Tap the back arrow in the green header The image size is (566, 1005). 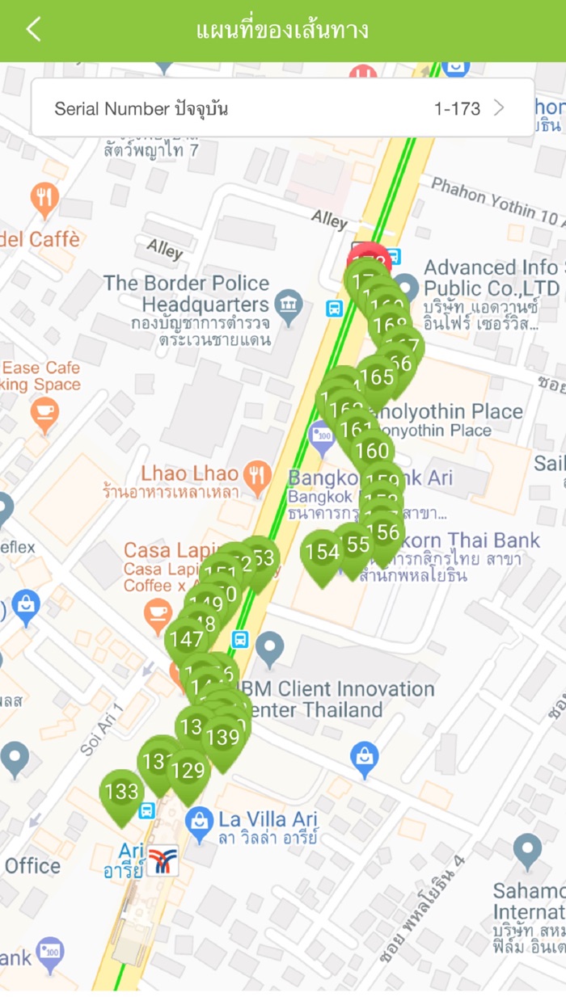[33, 30]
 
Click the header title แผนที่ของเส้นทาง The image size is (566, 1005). [282, 31]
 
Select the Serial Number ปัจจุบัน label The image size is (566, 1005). [141, 108]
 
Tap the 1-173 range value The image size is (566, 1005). [457, 108]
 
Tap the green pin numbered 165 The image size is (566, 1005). [376, 378]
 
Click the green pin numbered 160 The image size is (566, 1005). [372, 451]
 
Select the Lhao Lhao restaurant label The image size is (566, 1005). [190, 473]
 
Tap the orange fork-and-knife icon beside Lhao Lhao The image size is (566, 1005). [257, 477]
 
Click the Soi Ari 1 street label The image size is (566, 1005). [101, 730]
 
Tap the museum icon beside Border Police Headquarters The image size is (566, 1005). [289, 305]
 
